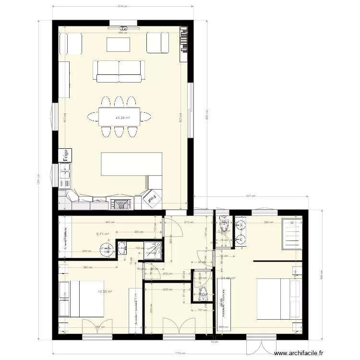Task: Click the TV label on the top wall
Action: coord(124,28)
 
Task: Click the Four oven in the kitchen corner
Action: coord(153,198)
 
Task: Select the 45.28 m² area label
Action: coord(123,117)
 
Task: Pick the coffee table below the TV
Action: coord(119,45)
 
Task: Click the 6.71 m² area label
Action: coord(103,234)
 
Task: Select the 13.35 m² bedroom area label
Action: coord(105,291)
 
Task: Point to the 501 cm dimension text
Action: coord(250,195)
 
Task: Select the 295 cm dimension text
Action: coord(269,222)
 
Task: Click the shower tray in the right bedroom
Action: coord(292,234)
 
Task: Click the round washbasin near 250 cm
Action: coord(106,249)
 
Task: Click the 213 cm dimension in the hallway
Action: coord(188,222)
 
